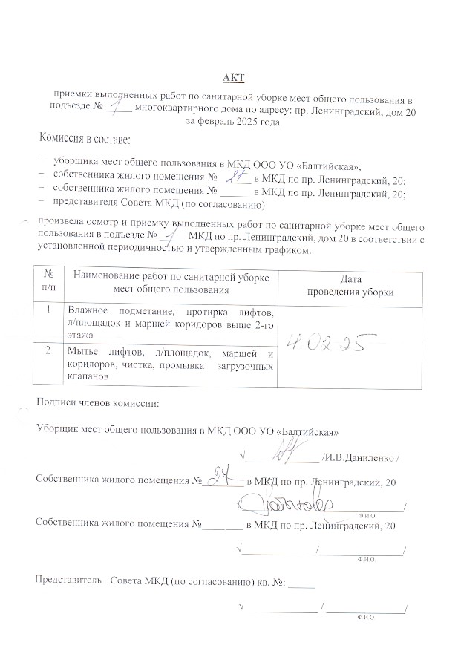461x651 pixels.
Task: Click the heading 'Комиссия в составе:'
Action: (x=85, y=139)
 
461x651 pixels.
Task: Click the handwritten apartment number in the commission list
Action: (x=236, y=177)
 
